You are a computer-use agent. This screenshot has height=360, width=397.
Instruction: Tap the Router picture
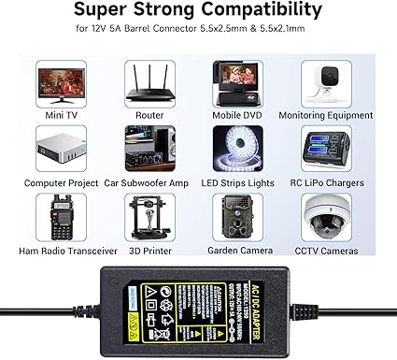(148, 82)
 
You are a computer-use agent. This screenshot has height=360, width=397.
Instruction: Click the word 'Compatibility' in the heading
(266, 14)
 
